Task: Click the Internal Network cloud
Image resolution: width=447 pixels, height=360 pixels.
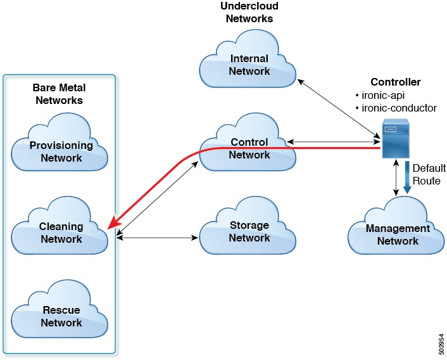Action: (x=249, y=65)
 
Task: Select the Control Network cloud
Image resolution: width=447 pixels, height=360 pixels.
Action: (x=249, y=148)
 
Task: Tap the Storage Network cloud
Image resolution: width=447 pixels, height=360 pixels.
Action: (x=249, y=231)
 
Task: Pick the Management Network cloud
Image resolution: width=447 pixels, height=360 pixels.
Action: (x=398, y=234)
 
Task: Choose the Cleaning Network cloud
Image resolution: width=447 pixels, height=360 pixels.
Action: (x=61, y=233)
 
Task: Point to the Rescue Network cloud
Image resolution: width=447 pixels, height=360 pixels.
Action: (x=61, y=316)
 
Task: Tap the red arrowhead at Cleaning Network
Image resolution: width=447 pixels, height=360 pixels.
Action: (x=113, y=223)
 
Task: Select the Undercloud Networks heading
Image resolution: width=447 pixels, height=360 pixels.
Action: (x=249, y=12)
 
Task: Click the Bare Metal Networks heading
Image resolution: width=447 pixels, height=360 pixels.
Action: (x=59, y=93)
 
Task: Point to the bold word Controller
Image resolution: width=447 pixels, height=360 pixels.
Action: (x=395, y=82)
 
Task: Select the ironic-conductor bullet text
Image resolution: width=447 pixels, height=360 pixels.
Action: (x=396, y=108)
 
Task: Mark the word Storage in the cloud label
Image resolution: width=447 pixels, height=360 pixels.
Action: (x=249, y=225)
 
